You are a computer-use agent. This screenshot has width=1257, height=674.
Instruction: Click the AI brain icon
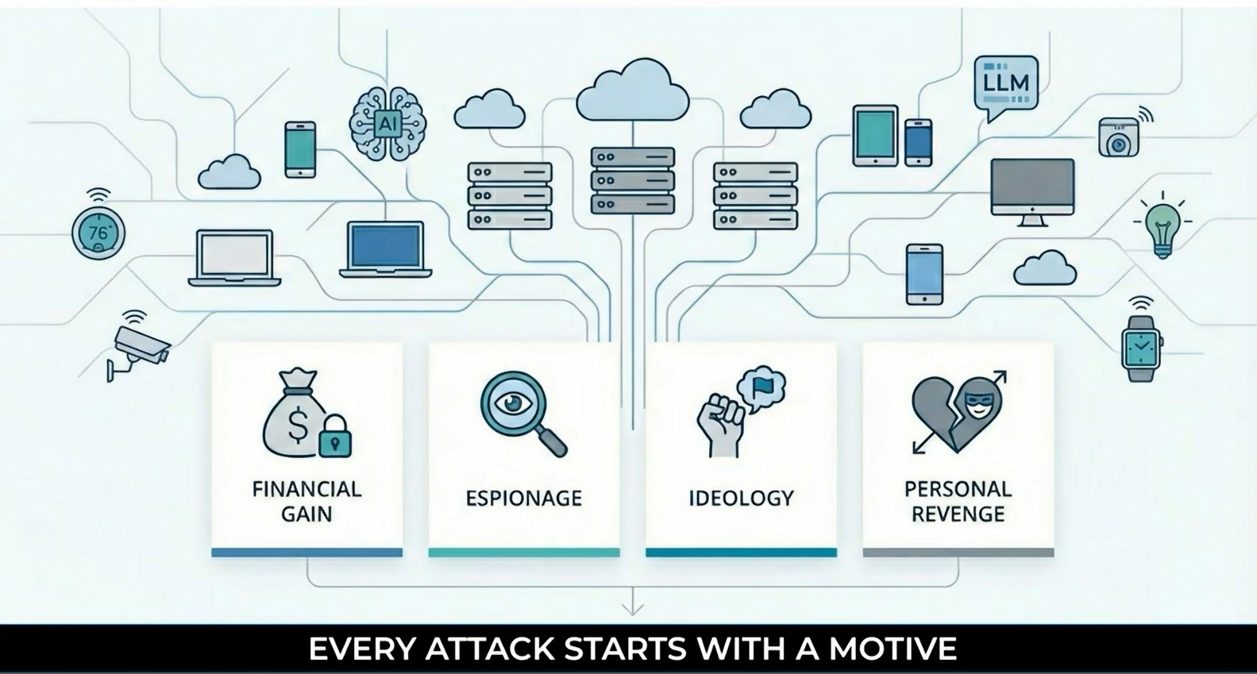click(388, 124)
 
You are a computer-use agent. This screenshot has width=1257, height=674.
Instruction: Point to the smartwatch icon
click(1141, 343)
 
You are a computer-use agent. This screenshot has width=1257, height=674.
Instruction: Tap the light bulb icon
click(1163, 225)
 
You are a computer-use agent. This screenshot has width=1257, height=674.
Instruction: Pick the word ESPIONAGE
click(523, 499)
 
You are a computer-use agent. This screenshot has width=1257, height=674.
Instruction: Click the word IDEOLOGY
click(741, 499)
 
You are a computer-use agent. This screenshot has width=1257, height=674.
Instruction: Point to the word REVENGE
click(958, 514)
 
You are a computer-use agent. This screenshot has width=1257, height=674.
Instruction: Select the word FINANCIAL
click(307, 489)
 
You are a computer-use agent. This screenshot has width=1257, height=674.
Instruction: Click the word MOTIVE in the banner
click(893, 649)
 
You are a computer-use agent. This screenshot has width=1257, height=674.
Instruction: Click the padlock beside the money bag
click(335, 435)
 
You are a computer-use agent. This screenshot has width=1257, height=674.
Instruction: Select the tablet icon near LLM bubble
click(875, 136)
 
